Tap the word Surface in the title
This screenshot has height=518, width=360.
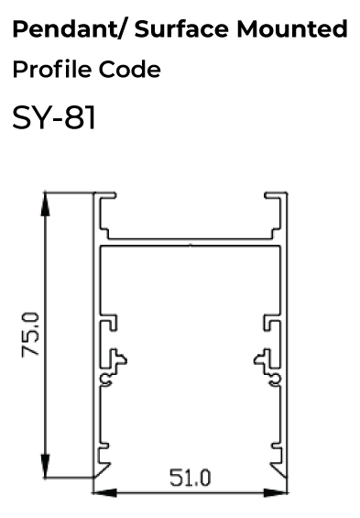181,28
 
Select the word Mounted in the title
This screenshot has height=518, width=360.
291,28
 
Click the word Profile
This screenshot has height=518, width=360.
52,69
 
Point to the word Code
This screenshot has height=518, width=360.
130,69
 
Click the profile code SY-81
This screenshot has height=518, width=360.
54,117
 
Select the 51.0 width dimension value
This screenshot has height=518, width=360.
190,478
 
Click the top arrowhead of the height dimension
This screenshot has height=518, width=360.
46,204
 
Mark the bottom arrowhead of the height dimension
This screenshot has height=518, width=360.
46,466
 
